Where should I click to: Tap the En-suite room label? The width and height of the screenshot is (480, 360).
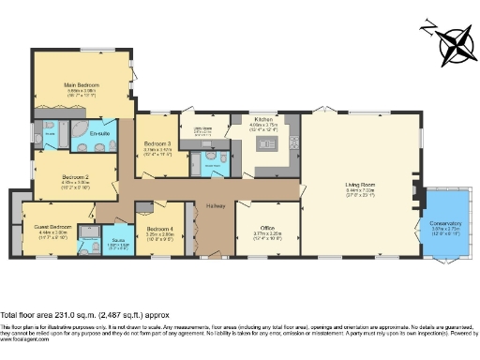101,135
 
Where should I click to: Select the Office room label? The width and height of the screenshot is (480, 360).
267,228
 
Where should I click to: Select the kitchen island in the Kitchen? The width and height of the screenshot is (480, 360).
266,143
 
